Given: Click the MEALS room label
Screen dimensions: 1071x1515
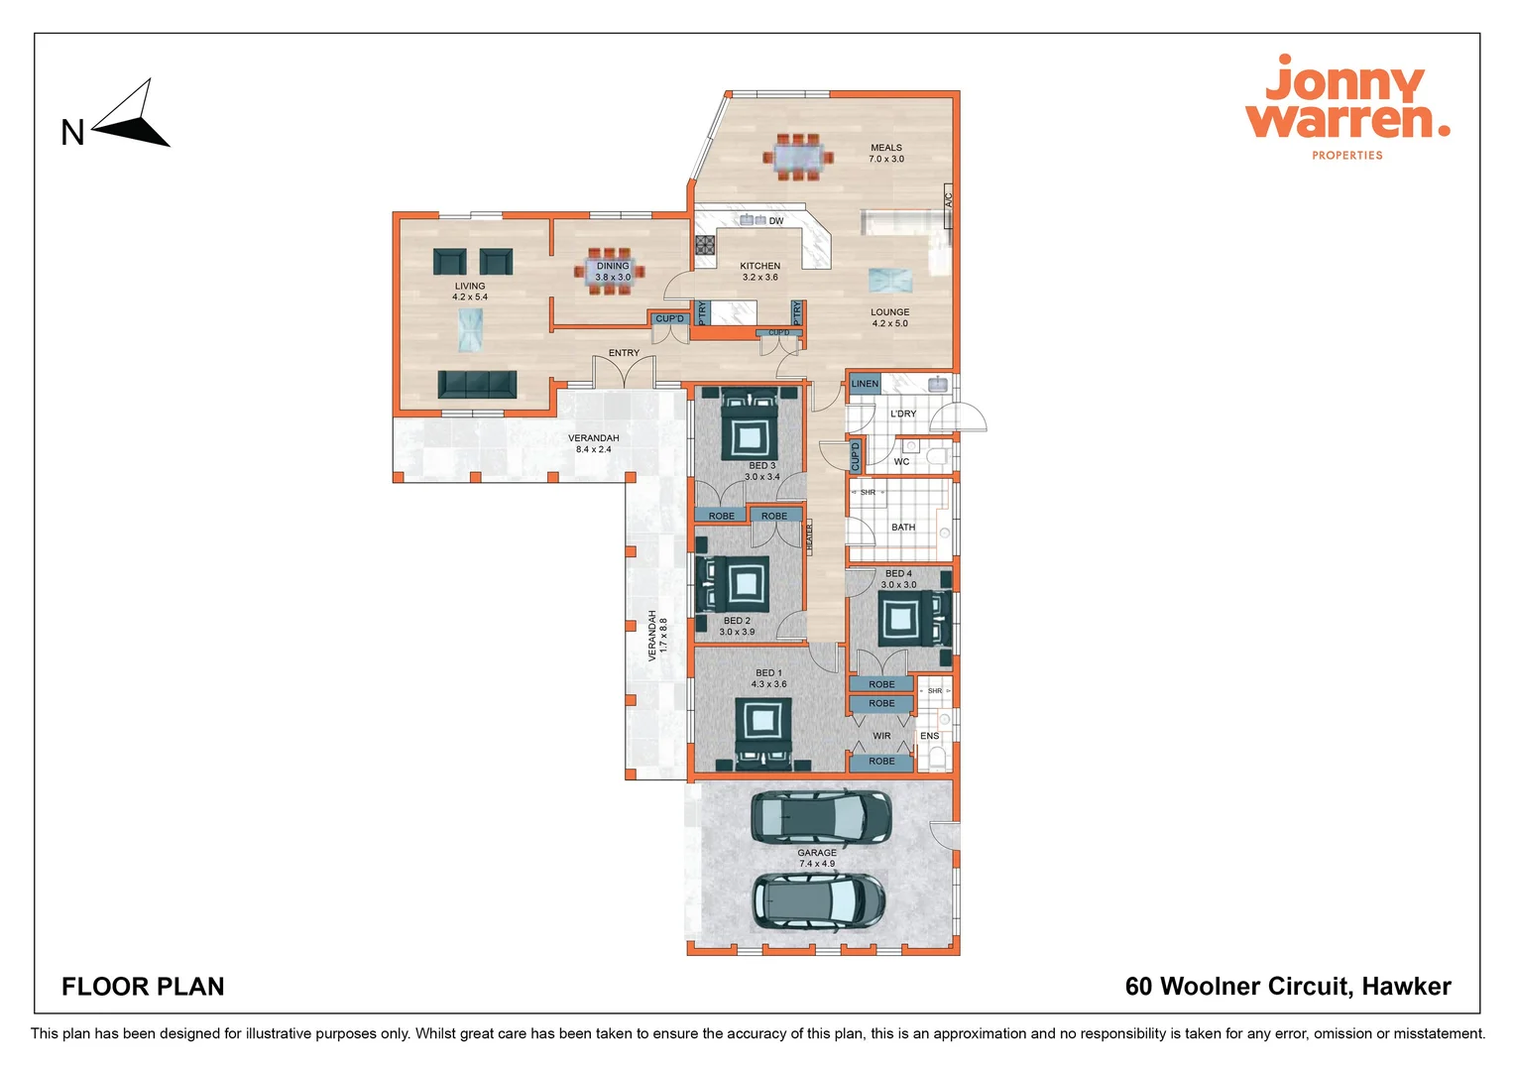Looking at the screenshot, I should point(886,153).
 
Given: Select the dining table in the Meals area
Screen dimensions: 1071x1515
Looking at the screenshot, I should point(798,158).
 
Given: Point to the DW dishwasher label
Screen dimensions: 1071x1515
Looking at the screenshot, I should point(776,221).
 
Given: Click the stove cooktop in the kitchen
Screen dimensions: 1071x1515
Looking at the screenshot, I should point(705,244).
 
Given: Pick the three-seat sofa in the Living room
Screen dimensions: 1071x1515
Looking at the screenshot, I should point(477,385).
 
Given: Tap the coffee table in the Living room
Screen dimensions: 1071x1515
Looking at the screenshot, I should point(470,329).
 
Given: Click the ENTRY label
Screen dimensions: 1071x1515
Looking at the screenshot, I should point(624,353).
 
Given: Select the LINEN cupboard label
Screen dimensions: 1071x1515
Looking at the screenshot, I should point(865,384).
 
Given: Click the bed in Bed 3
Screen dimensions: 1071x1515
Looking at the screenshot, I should point(749,427).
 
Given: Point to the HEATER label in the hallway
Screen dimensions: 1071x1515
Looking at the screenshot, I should point(809,536).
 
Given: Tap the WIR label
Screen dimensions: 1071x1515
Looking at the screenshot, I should point(881,736).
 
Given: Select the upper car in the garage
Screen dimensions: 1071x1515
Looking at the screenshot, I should point(820,816).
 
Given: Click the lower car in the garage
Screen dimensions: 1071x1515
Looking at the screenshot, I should point(818,901).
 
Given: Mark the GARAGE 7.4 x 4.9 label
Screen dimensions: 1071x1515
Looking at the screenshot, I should point(817,858).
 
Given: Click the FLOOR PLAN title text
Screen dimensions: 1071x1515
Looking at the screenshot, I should point(143,987).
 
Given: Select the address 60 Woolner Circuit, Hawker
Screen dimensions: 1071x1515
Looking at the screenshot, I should point(1287,987).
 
